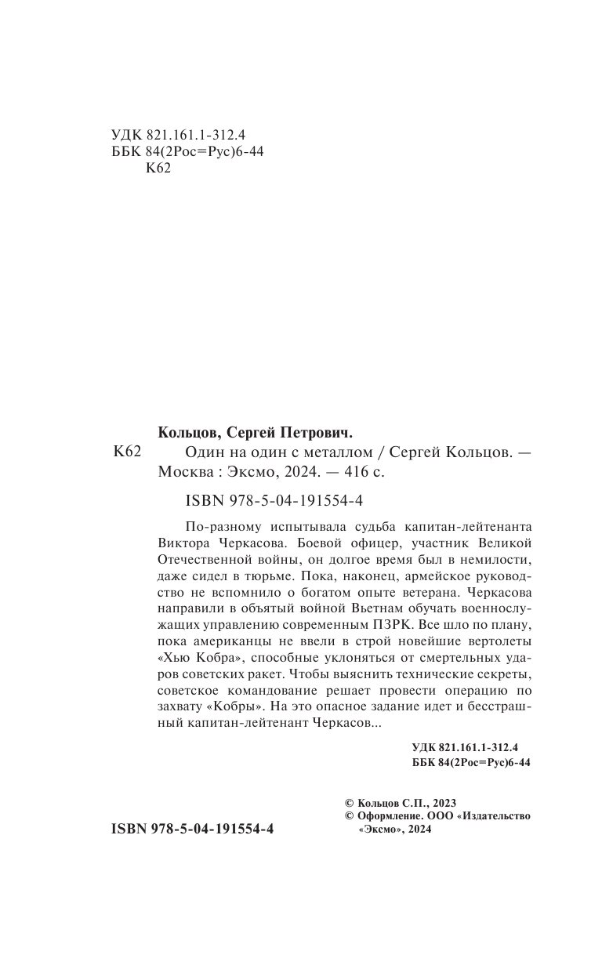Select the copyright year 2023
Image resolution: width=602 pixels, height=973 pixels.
442,803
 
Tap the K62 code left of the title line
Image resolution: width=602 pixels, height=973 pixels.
126,452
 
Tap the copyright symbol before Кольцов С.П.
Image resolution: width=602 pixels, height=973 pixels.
350,803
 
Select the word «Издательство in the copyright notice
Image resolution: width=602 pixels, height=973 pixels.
498,816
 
